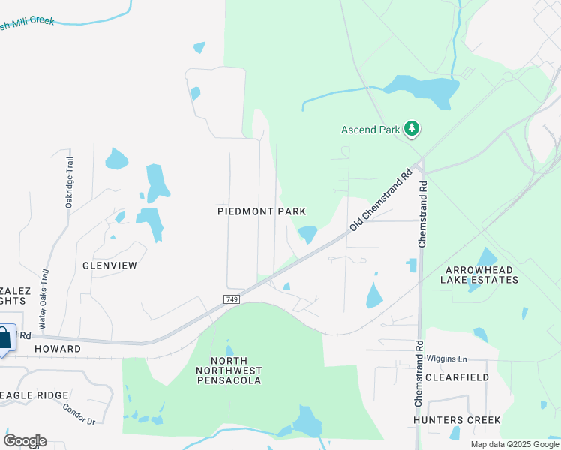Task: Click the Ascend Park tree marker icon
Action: pyautogui.click(x=411, y=130)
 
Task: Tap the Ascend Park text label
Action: pyautogui.click(x=370, y=130)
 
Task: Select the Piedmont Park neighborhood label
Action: pyautogui.click(x=262, y=212)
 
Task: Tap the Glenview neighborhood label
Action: pyautogui.click(x=109, y=265)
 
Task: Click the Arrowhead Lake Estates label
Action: pyautogui.click(x=481, y=274)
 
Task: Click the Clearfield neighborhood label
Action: pyautogui.click(x=457, y=377)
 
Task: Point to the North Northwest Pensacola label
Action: pyautogui.click(x=229, y=370)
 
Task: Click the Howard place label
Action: pyautogui.click(x=57, y=349)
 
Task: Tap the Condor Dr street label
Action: pyautogui.click(x=78, y=414)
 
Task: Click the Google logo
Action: pyautogui.click(x=25, y=440)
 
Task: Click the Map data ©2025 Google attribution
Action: pyautogui.click(x=514, y=444)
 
